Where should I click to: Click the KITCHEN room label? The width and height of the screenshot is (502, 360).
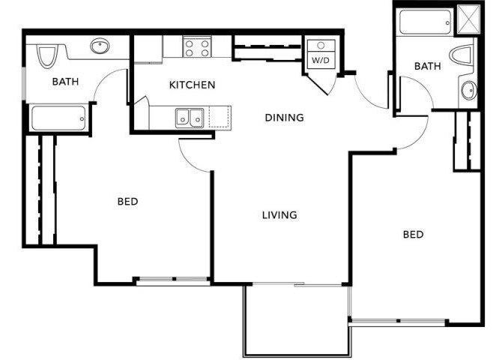pyautogui.click(x=192, y=85)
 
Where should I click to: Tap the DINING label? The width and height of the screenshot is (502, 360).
pyautogui.click(x=284, y=117)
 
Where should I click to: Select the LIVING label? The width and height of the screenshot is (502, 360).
pyautogui.click(x=279, y=215)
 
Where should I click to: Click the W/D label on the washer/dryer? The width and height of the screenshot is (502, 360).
pyautogui.click(x=320, y=58)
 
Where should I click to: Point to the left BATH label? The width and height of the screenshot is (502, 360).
pyautogui.click(x=65, y=82)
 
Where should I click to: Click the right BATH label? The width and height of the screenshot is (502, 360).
pyautogui.click(x=427, y=66)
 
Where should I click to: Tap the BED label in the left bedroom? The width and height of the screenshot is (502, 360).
pyautogui.click(x=128, y=201)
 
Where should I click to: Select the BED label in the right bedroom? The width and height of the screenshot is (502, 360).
pyautogui.click(x=413, y=234)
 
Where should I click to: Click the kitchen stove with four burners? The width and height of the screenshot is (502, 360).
pyautogui.click(x=198, y=48)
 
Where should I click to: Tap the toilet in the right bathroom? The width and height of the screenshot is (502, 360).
pyautogui.click(x=462, y=54)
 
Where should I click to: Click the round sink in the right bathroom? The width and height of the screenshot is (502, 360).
pyautogui.click(x=468, y=91)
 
